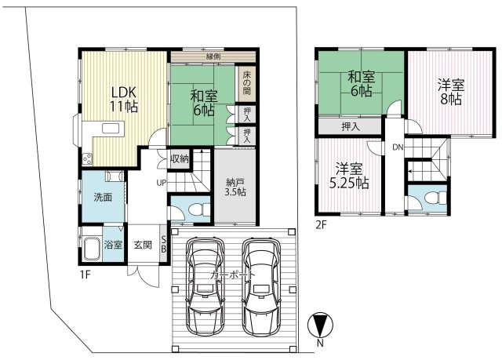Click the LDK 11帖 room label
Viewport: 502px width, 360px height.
pyautogui.click(x=123, y=99)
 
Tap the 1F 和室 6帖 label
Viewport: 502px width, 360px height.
pyautogui.click(x=203, y=104)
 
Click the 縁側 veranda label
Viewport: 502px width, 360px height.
pyautogui.click(x=213, y=56)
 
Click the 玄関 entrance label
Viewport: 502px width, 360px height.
pyautogui.click(x=142, y=244)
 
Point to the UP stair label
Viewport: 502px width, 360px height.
pyautogui.click(x=161, y=184)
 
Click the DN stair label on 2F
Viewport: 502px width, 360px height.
pyautogui.click(x=398, y=147)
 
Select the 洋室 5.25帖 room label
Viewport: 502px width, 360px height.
pyautogui.click(x=349, y=175)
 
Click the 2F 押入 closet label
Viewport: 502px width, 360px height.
pyautogui.click(x=351, y=126)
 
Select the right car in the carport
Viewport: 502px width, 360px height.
pyautogui.click(x=260, y=285)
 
